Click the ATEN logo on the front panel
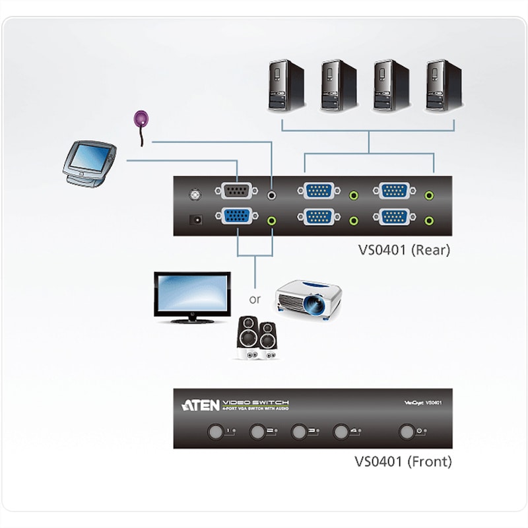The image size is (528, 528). click(201, 404)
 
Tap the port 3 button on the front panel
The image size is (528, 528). click(300, 432)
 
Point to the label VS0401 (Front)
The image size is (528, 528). click(402, 461)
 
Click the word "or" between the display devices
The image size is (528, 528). click(255, 299)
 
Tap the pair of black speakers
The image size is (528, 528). click(257, 338)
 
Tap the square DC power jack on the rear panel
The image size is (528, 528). click(195, 219)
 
